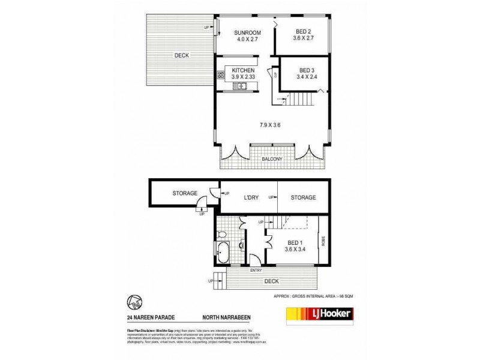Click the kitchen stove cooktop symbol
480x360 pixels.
[x=220, y=74]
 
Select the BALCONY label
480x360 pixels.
[x=274, y=159]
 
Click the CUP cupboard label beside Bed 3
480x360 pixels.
[x=275, y=75]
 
